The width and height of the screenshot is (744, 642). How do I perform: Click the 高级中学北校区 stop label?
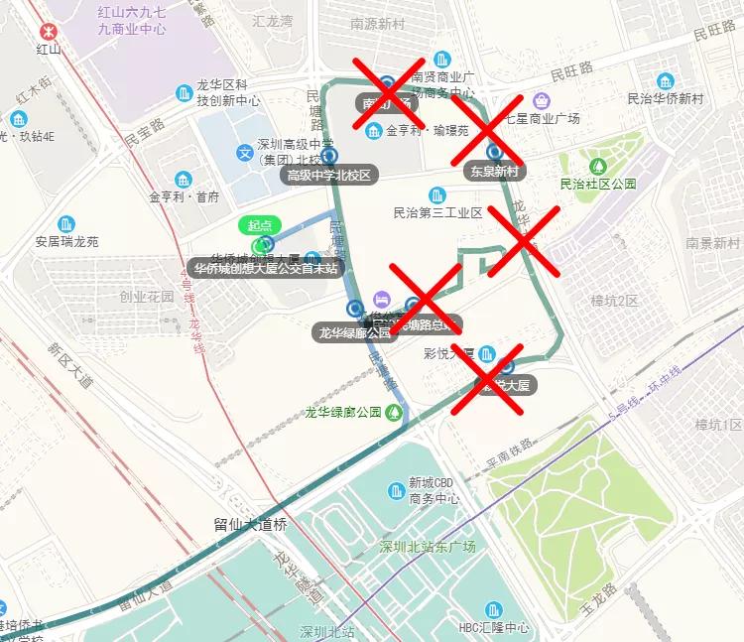(328, 176)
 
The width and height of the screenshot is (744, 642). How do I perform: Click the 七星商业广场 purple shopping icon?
(541, 100)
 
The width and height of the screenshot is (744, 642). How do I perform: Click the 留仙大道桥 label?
(250, 525)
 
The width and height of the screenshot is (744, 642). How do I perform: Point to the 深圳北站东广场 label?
(428, 547)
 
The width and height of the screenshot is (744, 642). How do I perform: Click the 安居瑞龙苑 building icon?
(67, 223)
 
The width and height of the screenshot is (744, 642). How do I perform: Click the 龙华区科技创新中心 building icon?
(184, 93)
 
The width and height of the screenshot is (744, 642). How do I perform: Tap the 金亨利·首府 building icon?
(185, 180)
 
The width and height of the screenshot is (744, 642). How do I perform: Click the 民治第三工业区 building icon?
(437, 194)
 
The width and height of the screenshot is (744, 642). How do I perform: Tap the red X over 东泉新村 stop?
(488, 130)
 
